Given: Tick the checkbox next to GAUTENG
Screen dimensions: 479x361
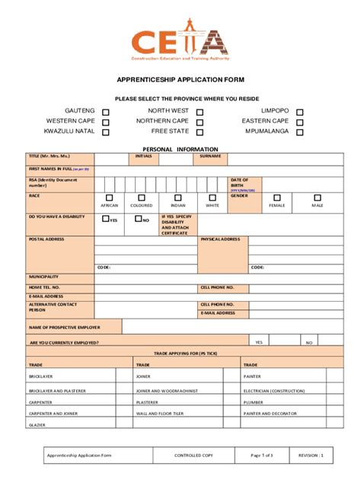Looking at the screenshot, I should point(106,113).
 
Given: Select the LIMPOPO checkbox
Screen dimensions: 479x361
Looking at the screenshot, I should point(299,113).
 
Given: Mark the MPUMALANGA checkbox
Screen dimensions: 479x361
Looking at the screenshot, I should point(299,132).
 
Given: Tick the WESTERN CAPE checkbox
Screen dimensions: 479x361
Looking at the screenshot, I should point(106,122).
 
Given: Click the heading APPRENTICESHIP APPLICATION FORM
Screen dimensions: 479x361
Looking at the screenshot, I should point(180,79).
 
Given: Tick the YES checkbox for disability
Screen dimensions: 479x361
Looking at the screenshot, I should point(106,219).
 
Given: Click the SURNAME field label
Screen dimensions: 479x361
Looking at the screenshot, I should point(210,156).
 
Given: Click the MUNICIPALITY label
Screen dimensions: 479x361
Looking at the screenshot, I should point(44,276).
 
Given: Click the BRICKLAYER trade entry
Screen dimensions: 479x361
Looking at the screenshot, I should point(41,376).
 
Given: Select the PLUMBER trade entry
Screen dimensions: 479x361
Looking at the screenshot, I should point(254,402).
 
